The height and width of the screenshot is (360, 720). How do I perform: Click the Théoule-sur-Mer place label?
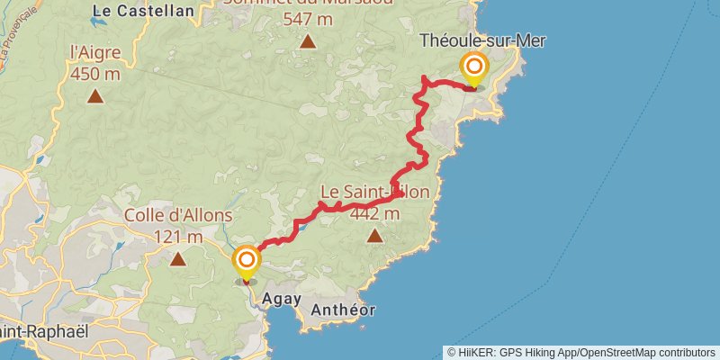pyautogui.click(x=483, y=40)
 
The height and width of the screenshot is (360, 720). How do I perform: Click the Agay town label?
pyautogui.click(x=278, y=299)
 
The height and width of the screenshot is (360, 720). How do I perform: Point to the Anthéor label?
pyautogui.click(x=342, y=310)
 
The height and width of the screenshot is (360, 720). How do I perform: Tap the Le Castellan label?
pyautogui.click(x=143, y=11)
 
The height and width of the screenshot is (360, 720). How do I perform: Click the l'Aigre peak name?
pyautogui.click(x=94, y=52)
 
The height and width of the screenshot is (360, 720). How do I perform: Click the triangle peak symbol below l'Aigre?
pyautogui.click(x=95, y=94)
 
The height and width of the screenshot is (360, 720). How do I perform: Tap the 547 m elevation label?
pyautogui.click(x=308, y=18)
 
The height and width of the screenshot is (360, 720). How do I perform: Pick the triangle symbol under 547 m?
pyautogui.click(x=308, y=40)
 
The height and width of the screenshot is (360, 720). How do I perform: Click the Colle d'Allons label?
pyautogui.click(x=178, y=216)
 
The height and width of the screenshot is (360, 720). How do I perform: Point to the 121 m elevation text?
pyautogui.click(x=178, y=236)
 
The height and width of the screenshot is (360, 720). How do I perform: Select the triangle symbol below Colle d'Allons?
pyautogui.click(x=178, y=259)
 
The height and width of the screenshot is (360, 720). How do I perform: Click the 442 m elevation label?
pyautogui.click(x=375, y=213)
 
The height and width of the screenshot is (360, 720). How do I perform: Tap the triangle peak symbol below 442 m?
pyautogui.click(x=375, y=236)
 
